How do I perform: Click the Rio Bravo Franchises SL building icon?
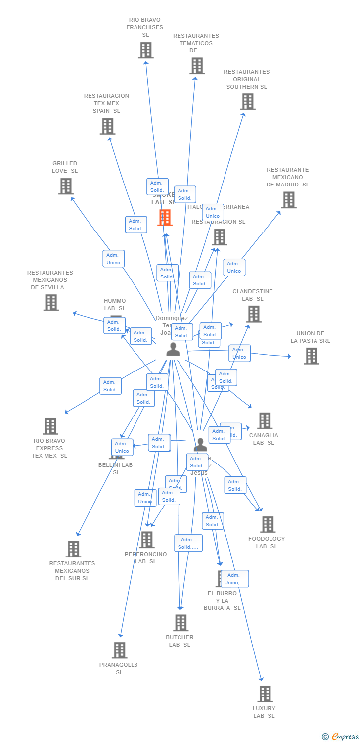[x=145, y=50]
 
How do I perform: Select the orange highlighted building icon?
[x=165, y=218]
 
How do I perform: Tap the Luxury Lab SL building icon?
[x=265, y=694]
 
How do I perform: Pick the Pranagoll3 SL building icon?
[x=120, y=650]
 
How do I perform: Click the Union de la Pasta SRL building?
[x=311, y=356]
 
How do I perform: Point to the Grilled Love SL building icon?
[x=66, y=186]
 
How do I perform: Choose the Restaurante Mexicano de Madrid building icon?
[x=289, y=200]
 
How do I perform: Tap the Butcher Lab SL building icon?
[x=181, y=623]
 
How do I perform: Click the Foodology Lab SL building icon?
[x=268, y=524]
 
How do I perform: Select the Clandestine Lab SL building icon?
[x=254, y=314]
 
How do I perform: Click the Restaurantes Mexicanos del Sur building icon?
[x=73, y=549]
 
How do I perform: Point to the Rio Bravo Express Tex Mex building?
[x=50, y=426]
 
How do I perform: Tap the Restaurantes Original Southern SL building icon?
[x=247, y=102]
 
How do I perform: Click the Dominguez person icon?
[x=173, y=349]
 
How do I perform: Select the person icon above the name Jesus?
[x=200, y=444]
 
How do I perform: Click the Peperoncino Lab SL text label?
[x=146, y=557]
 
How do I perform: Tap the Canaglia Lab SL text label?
[x=264, y=439]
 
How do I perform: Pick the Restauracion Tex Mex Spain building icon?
[x=107, y=126]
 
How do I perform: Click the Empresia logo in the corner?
[x=341, y=737]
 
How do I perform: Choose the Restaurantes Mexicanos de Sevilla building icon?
[x=51, y=303]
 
